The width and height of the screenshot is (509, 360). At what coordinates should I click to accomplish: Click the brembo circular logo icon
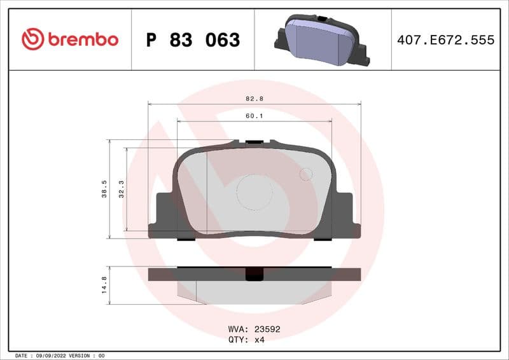(x=32, y=39)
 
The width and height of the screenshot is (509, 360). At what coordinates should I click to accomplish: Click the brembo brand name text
(x=81, y=39)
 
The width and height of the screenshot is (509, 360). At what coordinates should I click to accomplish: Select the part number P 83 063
(x=193, y=40)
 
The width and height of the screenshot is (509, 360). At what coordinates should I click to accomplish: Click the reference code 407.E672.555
(x=445, y=40)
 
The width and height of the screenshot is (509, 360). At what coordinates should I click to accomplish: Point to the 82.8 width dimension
(x=254, y=99)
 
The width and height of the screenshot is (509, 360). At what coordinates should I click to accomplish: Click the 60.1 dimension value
(x=254, y=116)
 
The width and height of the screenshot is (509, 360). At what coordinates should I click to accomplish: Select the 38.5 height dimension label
(x=104, y=189)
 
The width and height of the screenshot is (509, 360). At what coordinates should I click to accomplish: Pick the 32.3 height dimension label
(x=121, y=189)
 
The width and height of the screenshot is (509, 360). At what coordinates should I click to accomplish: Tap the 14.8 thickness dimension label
(x=104, y=284)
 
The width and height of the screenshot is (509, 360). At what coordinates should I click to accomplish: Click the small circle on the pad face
(x=306, y=174)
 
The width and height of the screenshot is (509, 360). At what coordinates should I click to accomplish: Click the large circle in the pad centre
(x=254, y=191)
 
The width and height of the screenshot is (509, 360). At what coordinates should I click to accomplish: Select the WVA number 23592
(x=267, y=329)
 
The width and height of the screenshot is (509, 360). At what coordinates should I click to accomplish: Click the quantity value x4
(x=260, y=340)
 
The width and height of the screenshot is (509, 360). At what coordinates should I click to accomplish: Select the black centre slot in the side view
(x=254, y=274)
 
